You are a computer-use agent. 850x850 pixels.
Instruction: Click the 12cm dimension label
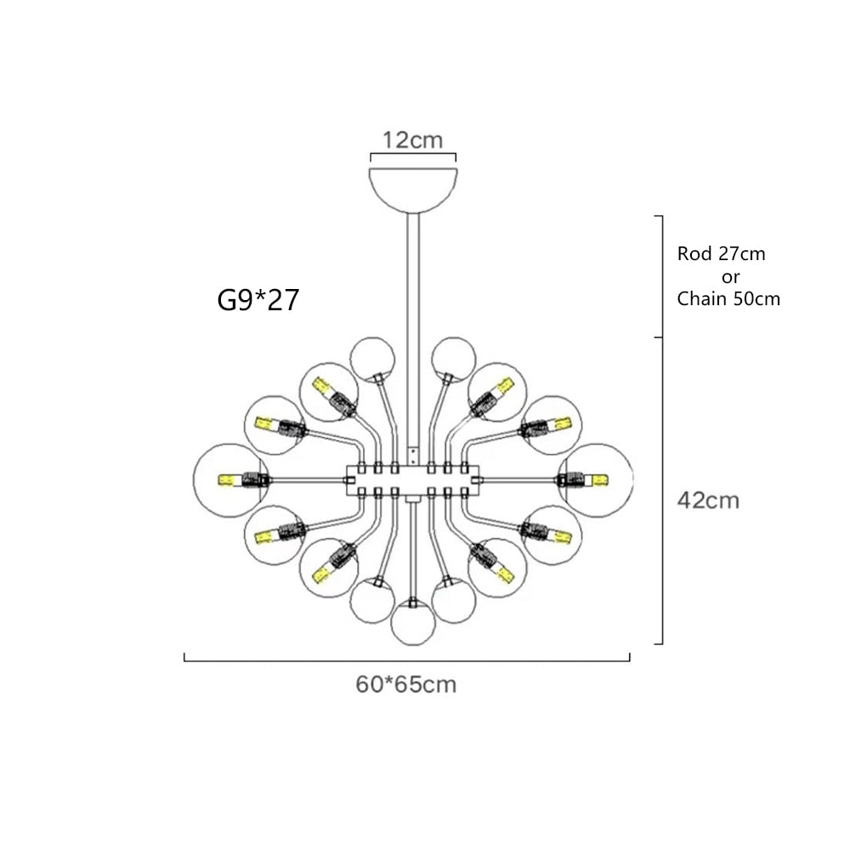point(412,140)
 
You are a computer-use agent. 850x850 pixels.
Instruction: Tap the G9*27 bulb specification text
point(258,300)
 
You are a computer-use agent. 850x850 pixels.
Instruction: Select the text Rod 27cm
point(721,254)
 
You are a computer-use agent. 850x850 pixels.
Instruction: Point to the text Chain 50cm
point(728,299)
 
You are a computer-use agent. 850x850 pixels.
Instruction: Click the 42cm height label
point(708,501)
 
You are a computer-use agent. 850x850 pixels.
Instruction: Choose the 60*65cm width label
point(405,684)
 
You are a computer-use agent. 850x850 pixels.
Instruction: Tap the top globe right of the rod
point(453,358)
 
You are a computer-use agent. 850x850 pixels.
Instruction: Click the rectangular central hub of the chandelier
point(413,479)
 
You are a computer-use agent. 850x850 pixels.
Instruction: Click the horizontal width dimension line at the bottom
point(406,659)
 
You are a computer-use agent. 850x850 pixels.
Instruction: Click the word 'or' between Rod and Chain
point(728,277)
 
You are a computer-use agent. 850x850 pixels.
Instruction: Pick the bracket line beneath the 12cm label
point(413,156)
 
